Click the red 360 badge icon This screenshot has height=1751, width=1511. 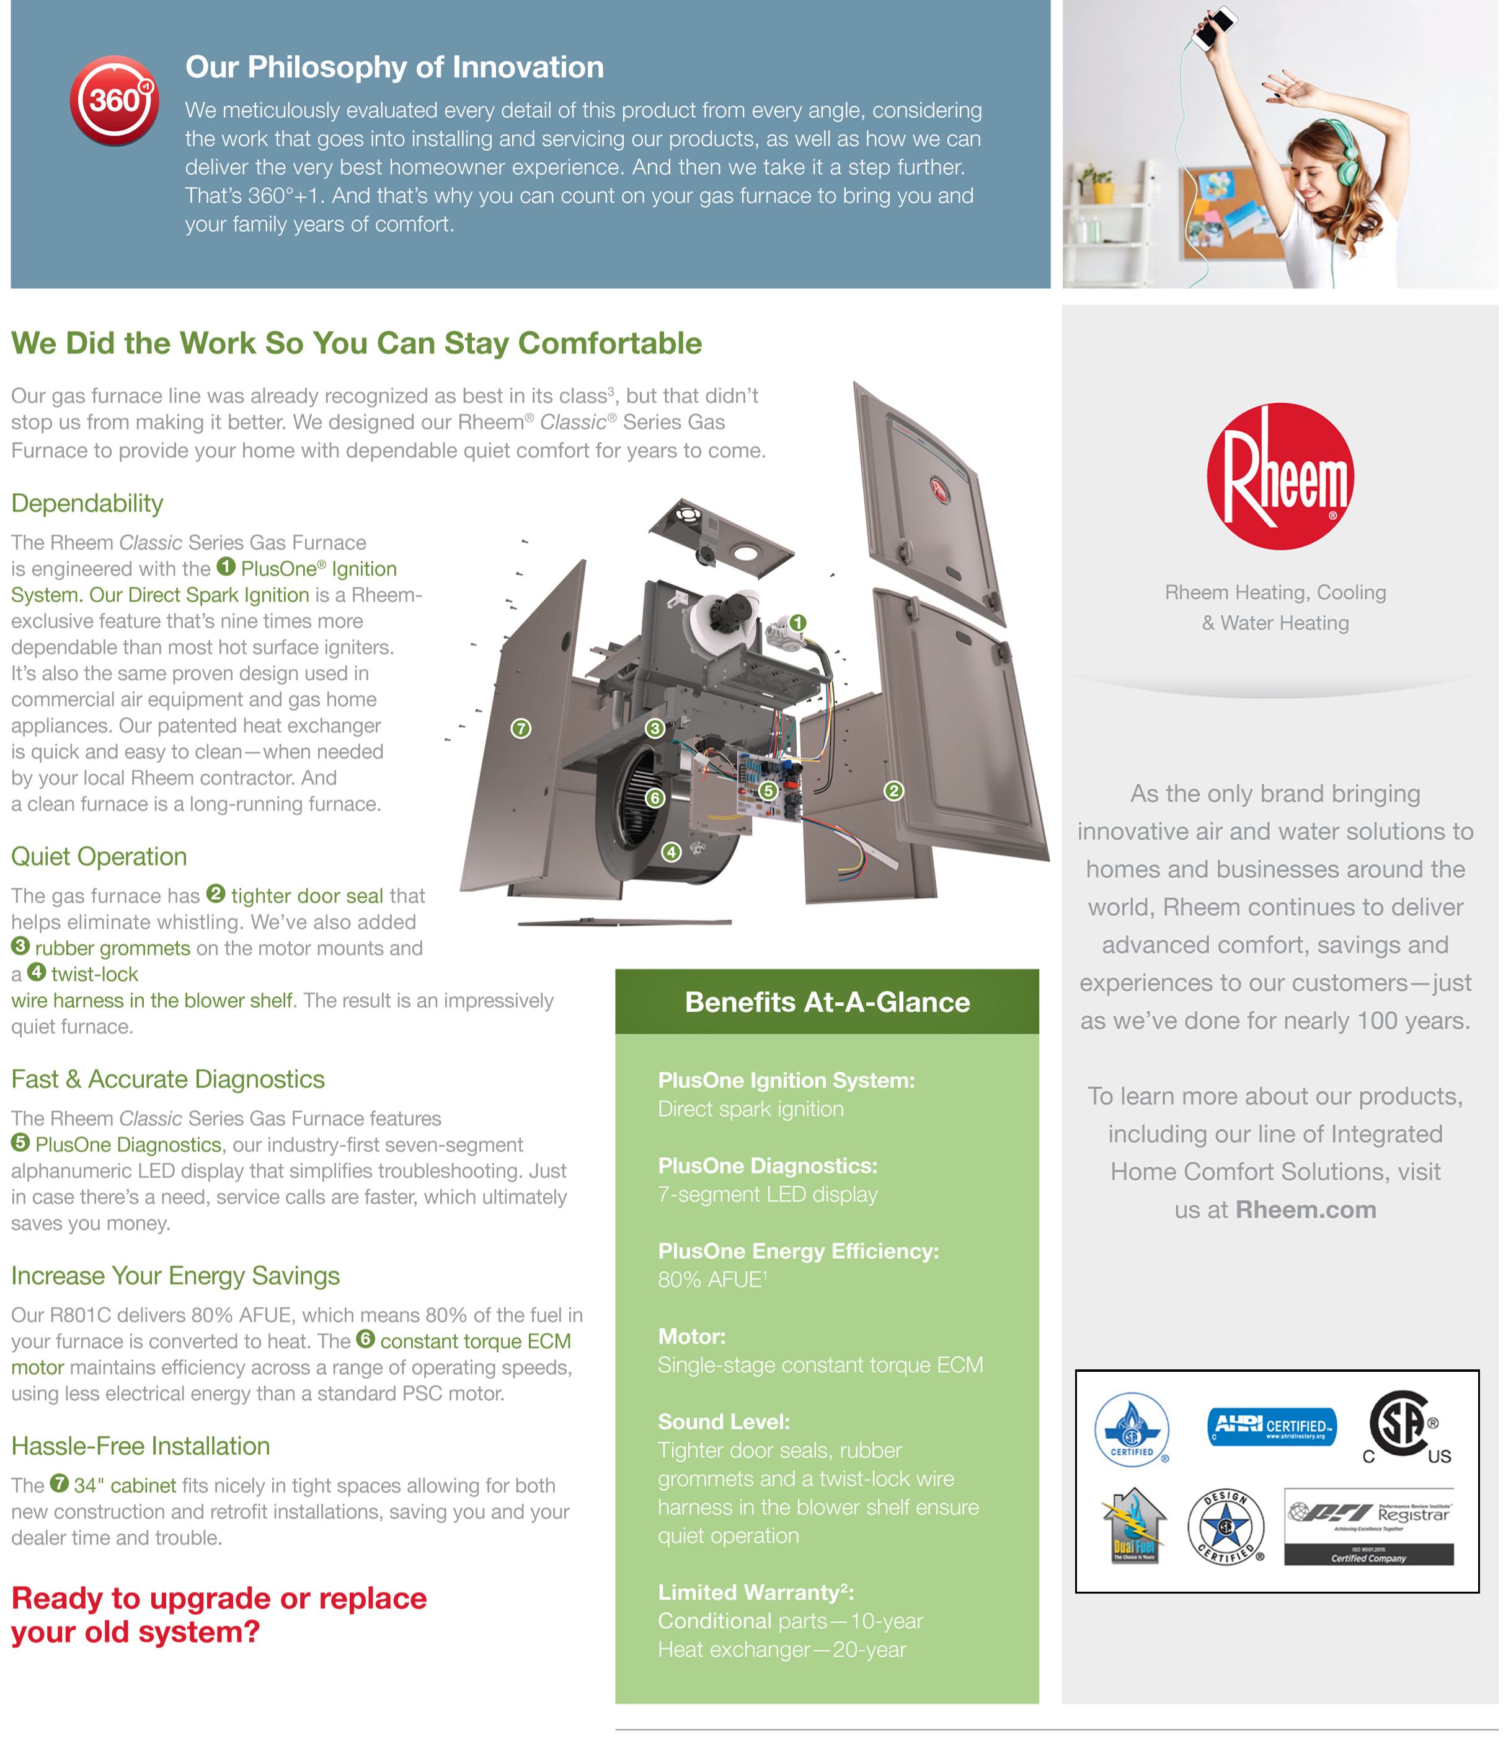[114, 100]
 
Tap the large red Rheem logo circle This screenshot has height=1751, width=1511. [1279, 476]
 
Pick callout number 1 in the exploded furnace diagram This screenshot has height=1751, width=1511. [797, 623]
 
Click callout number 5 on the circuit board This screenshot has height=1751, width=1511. [768, 790]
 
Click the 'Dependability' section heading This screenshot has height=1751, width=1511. [87, 503]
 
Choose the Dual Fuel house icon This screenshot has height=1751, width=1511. [1134, 1525]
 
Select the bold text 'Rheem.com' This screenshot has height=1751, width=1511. [1306, 1209]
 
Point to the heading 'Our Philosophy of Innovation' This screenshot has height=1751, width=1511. [394, 67]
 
